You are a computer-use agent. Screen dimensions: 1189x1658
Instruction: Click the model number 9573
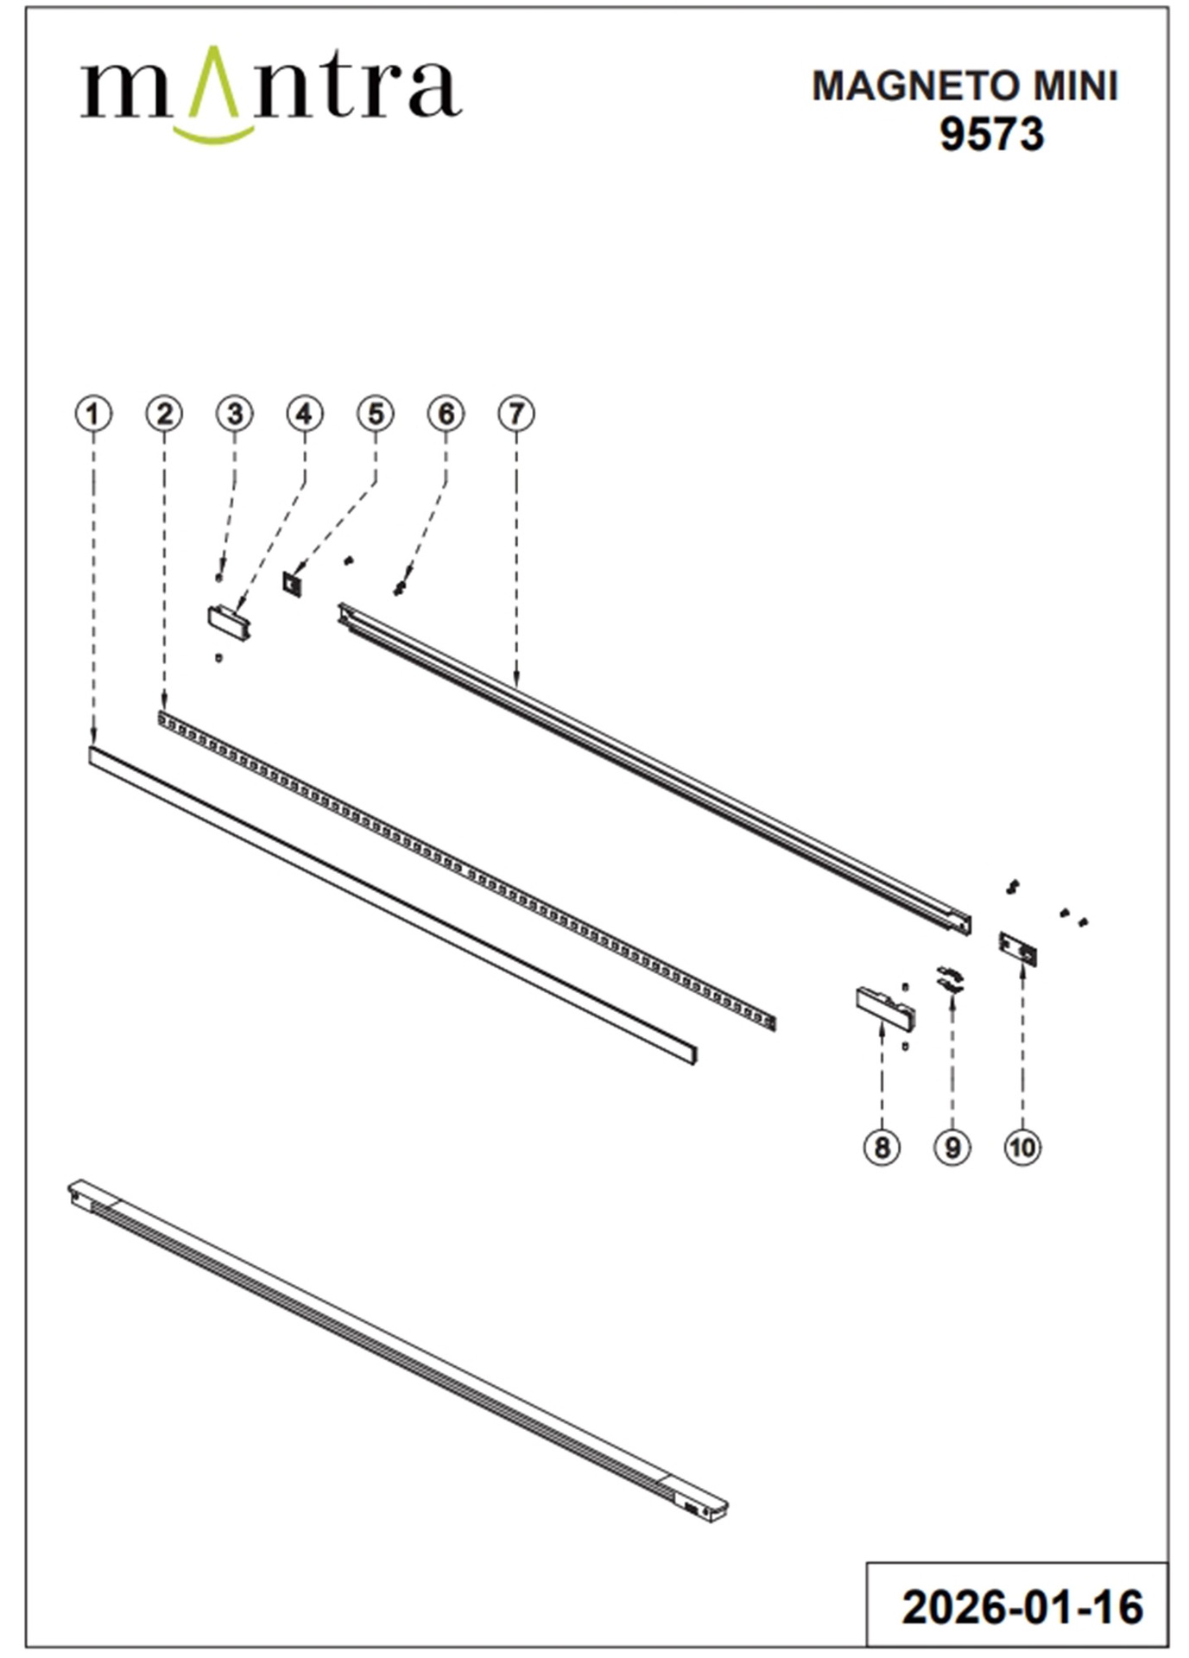tap(991, 135)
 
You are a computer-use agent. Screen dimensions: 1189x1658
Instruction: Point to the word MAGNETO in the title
tap(906, 86)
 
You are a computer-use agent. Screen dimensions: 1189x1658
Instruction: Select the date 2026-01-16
tap(1022, 1607)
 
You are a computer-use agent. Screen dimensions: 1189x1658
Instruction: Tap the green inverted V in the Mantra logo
tap(213, 82)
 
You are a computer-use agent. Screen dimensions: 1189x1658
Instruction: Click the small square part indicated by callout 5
tap(293, 583)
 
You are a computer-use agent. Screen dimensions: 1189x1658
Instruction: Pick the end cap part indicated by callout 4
tap(229, 622)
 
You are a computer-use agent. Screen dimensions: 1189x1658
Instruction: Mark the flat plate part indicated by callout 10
tap(1018, 948)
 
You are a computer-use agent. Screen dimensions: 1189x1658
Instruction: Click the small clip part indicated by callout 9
tap(950, 979)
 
